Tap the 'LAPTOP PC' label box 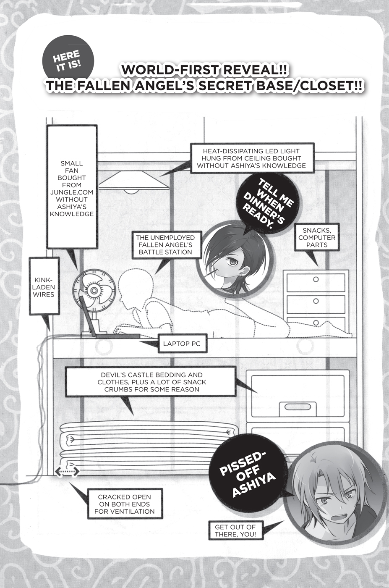[x=181, y=344]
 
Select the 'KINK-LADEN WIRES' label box [x=44, y=287]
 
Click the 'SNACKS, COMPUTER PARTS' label [x=317, y=237]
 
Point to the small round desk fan [x=90, y=290]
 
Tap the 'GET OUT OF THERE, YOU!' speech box [x=235, y=530]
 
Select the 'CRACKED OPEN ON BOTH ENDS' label [x=124, y=504]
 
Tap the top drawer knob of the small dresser [x=316, y=279]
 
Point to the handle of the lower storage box [x=293, y=407]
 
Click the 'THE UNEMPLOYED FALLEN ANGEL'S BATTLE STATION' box [x=165, y=245]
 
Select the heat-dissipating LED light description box [x=251, y=158]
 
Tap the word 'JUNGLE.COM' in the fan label [x=72, y=192]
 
